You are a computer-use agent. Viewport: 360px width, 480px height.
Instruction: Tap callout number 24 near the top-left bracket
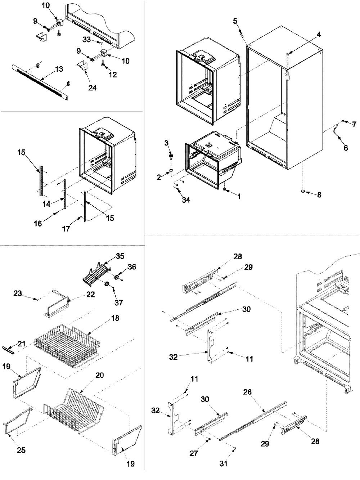pyautogui.click(x=93, y=87)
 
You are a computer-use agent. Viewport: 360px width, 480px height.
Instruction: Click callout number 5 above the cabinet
pyautogui.click(x=235, y=21)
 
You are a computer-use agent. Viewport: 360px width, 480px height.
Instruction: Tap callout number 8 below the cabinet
pyautogui.click(x=319, y=195)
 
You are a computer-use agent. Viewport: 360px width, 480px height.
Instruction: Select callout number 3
pyautogui.click(x=166, y=143)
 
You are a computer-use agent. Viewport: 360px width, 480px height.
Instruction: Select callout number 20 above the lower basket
pyautogui.click(x=100, y=375)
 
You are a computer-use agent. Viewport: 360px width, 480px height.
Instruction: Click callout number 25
pyautogui.click(x=21, y=450)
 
